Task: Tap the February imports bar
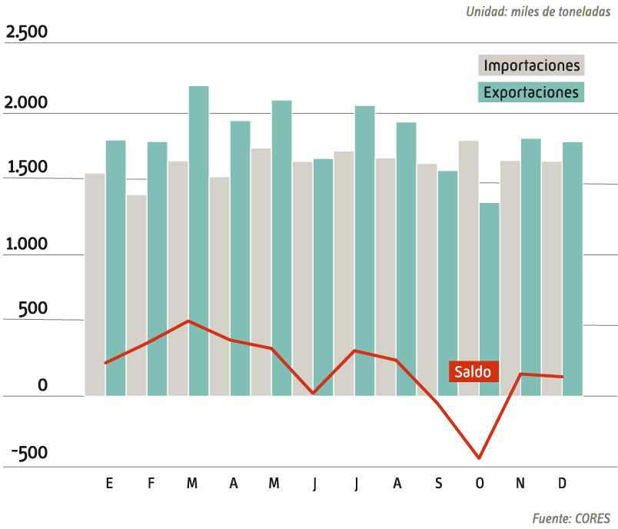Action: tap(137, 295)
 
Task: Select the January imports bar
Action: tap(95, 284)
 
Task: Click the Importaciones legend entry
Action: tap(532, 65)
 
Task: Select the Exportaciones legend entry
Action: tap(532, 92)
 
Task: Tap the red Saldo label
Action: tap(473, 371)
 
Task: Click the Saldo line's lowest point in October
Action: tap(480, 458)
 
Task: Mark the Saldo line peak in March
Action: tap(189, 321)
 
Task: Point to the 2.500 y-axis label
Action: tap(26, 33)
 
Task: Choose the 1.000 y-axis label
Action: tap(26, 245)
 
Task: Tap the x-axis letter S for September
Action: tap(438, 483)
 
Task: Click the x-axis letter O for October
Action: tap(480, 483)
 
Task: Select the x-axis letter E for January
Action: tap(109, 483)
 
